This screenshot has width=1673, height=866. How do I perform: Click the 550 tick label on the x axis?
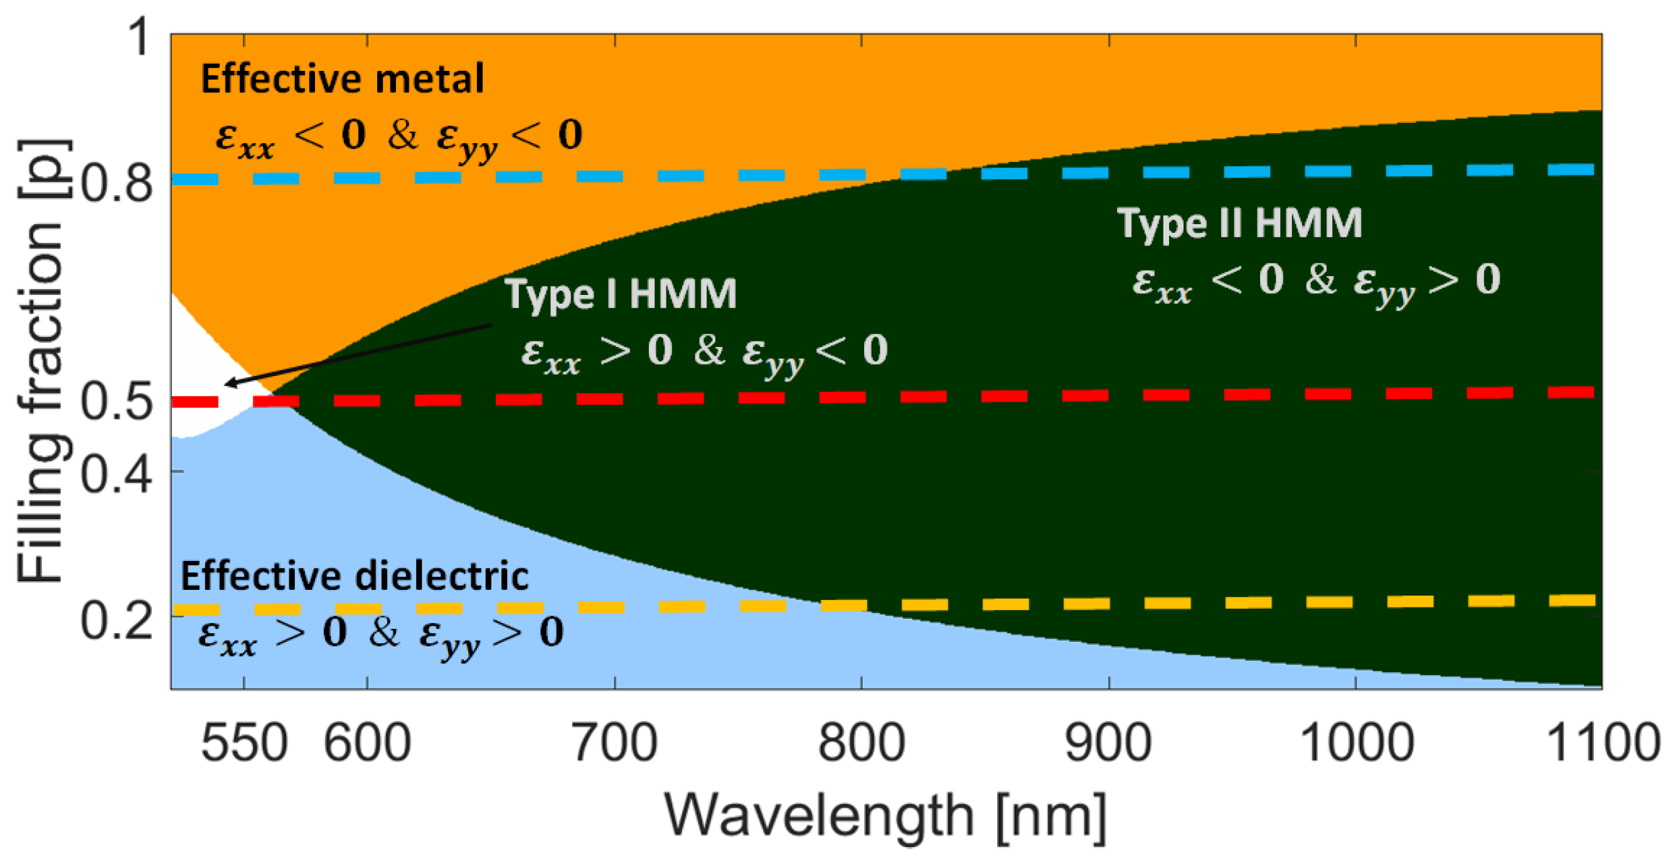pyautogui.click(x=244, y=743)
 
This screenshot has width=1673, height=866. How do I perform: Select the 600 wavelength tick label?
pyautogui.click(x=368, y=743)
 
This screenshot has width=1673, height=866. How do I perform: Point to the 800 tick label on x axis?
pyautogui.click(x=861, y=743)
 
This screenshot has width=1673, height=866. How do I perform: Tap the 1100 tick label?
pyautogui.click(x=1603, y=743)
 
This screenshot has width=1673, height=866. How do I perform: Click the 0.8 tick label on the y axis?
pyautogui.click(x=117, y=184)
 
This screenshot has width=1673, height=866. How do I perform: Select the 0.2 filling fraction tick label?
pyautogui.click(x=117, y=621)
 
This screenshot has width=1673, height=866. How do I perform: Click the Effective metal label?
pyautogui.click(x=342, y=79)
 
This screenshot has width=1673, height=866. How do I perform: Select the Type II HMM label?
pyautogui.click(x=1239, y=223)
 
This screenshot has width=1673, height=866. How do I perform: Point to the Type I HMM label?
pyautogui.click(x=621, y=294)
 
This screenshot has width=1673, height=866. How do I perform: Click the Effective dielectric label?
pyautogui.click(x=355, y=576)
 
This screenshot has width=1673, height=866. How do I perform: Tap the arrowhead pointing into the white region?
pyautogui.click(x=229, y=383)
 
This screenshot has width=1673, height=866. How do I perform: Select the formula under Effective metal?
pyautogui.click(x=398, y=137)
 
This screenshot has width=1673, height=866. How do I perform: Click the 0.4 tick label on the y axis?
pyautogui.click(x=117, y=474)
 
